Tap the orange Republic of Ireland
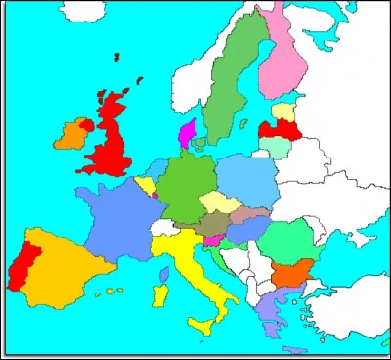pos(72,135)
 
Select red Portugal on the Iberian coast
pos(19,264)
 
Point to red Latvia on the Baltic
pos(277,128)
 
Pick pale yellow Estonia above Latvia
pos(283,111)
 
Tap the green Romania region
pos(286,238)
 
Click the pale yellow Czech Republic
pos(217,203)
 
